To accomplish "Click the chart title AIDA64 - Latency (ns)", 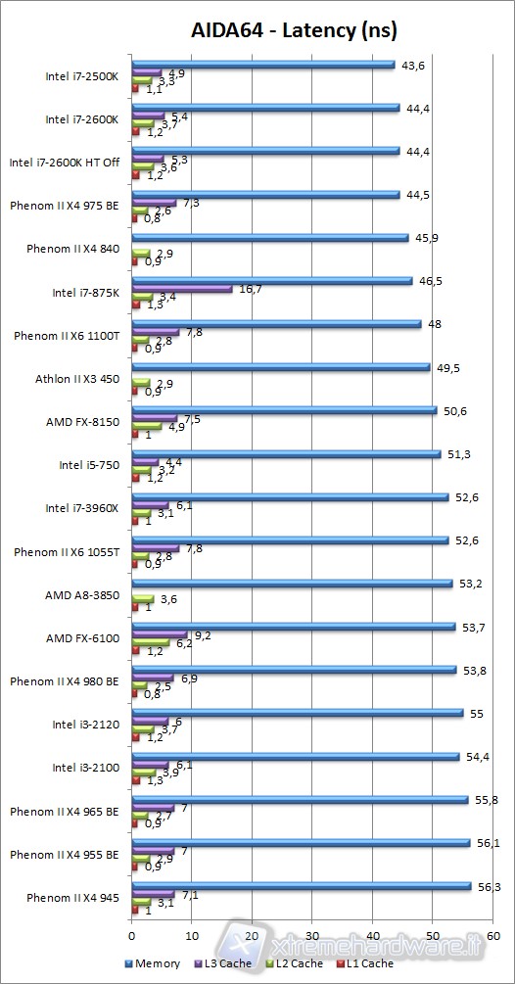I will pos(294,31).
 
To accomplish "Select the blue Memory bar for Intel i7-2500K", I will pos(262,65).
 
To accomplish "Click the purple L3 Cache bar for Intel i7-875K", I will pos(182,289).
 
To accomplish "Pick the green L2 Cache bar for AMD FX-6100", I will pos(151,643).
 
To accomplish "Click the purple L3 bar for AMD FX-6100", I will pos(160,634).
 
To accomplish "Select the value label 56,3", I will pos(486,887).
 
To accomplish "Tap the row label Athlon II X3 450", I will pos(82,379).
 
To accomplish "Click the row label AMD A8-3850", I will pos(82,595).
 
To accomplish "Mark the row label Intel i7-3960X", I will pos(82,508).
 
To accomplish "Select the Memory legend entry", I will pos(154,963).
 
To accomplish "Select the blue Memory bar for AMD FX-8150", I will pos(284,410).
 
